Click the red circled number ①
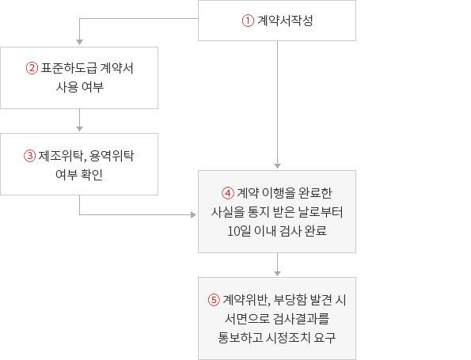pos(248,21)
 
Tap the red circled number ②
pos(32,68)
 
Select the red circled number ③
pos(30,156)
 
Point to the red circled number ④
pos(228,193)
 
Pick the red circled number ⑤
pos(214,300)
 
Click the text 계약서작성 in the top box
pos(285,21)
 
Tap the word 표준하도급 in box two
pos(69,68)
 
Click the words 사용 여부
pos(80,87)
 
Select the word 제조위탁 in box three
pos(60,156)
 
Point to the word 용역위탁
pos(112,156)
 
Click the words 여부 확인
pos(79,174)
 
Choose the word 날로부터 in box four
pos(321,212)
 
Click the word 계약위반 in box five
pos(245,300)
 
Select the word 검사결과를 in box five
pos(302,319)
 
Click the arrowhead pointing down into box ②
pos(80,42)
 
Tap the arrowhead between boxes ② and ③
pos(80,128)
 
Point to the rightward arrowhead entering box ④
pos(193,214)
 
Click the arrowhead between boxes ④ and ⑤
pos(278,273)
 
